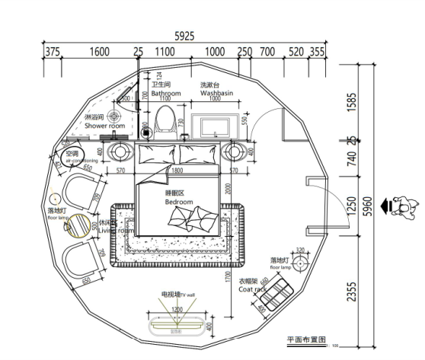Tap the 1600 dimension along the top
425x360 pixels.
(99, 52)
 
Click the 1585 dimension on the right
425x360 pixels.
(350, 100)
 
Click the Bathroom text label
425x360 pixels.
(165, 94)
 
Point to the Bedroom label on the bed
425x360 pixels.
(180, 202)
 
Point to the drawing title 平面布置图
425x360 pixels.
(305, 340)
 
